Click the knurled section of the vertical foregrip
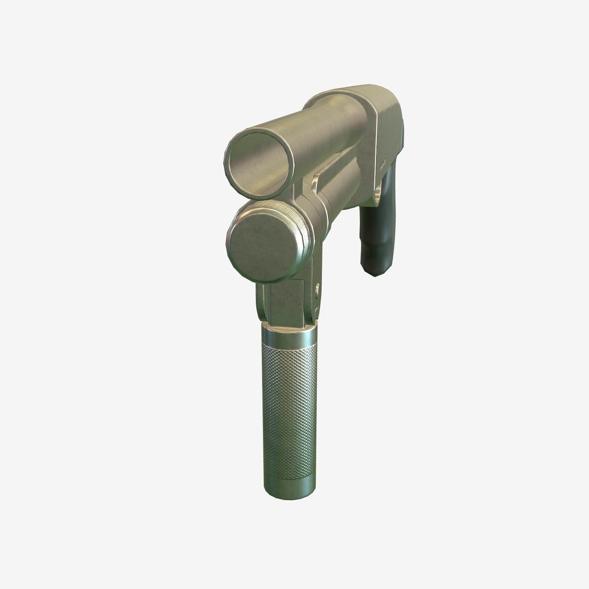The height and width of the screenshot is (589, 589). (x=289, y=409)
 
